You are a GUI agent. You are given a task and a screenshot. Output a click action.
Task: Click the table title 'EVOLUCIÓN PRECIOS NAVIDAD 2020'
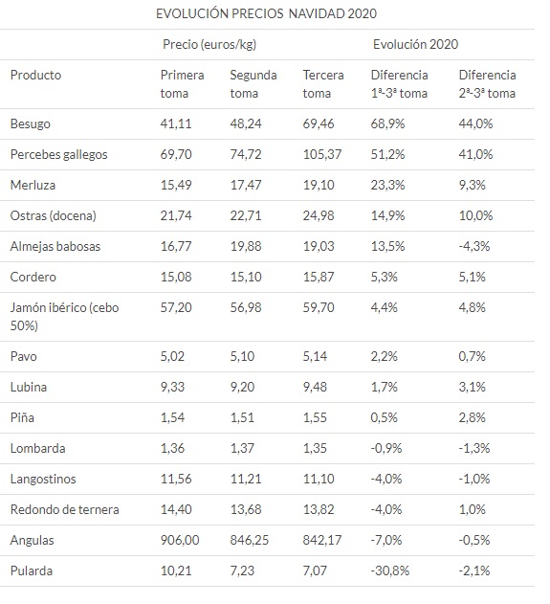pos(266,13)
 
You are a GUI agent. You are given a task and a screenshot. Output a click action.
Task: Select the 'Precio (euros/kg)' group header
pos(209,45)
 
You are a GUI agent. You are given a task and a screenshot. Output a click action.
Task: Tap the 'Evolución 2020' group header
pos(415,44)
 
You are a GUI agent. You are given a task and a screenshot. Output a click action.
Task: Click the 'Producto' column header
pos(35,75)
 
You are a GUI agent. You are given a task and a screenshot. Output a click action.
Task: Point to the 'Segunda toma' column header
pos(253,84)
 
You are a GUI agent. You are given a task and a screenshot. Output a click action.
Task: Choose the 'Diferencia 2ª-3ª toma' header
pos(487,84)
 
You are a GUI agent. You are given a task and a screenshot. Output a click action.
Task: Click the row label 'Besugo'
pos(30,124)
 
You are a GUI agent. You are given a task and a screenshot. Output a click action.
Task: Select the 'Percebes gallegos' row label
pos(58,154)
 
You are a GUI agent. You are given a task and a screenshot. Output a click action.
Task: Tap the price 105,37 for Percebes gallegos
pos(321,154)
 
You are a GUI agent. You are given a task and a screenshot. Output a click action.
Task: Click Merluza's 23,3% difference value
pos(387,185)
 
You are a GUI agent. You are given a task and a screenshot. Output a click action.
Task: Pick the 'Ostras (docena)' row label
pos(54,215)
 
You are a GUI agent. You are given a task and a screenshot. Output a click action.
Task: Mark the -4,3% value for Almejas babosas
pos(473,246)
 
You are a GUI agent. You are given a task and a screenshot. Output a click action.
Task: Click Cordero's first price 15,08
pos(175,277)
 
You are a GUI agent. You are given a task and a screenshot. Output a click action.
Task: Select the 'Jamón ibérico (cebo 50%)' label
pos(64,317)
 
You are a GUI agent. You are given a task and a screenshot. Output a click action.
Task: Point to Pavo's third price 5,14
pos(315,356)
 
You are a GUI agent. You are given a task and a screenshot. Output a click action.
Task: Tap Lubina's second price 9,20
pos(242,387)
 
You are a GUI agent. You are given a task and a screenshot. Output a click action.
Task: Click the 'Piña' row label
pos(22,417)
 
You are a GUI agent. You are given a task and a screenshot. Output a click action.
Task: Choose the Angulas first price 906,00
pos(180,540)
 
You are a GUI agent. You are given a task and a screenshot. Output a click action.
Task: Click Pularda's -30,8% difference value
pos(390,570)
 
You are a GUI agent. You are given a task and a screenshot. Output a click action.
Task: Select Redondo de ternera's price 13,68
pos(246,509)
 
